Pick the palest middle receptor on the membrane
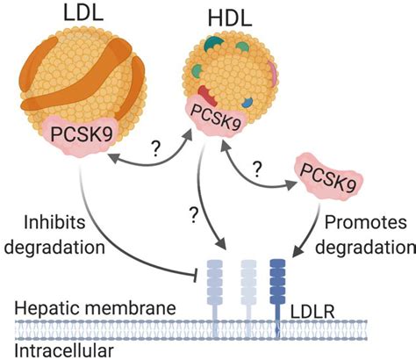(x=249, y=290)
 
